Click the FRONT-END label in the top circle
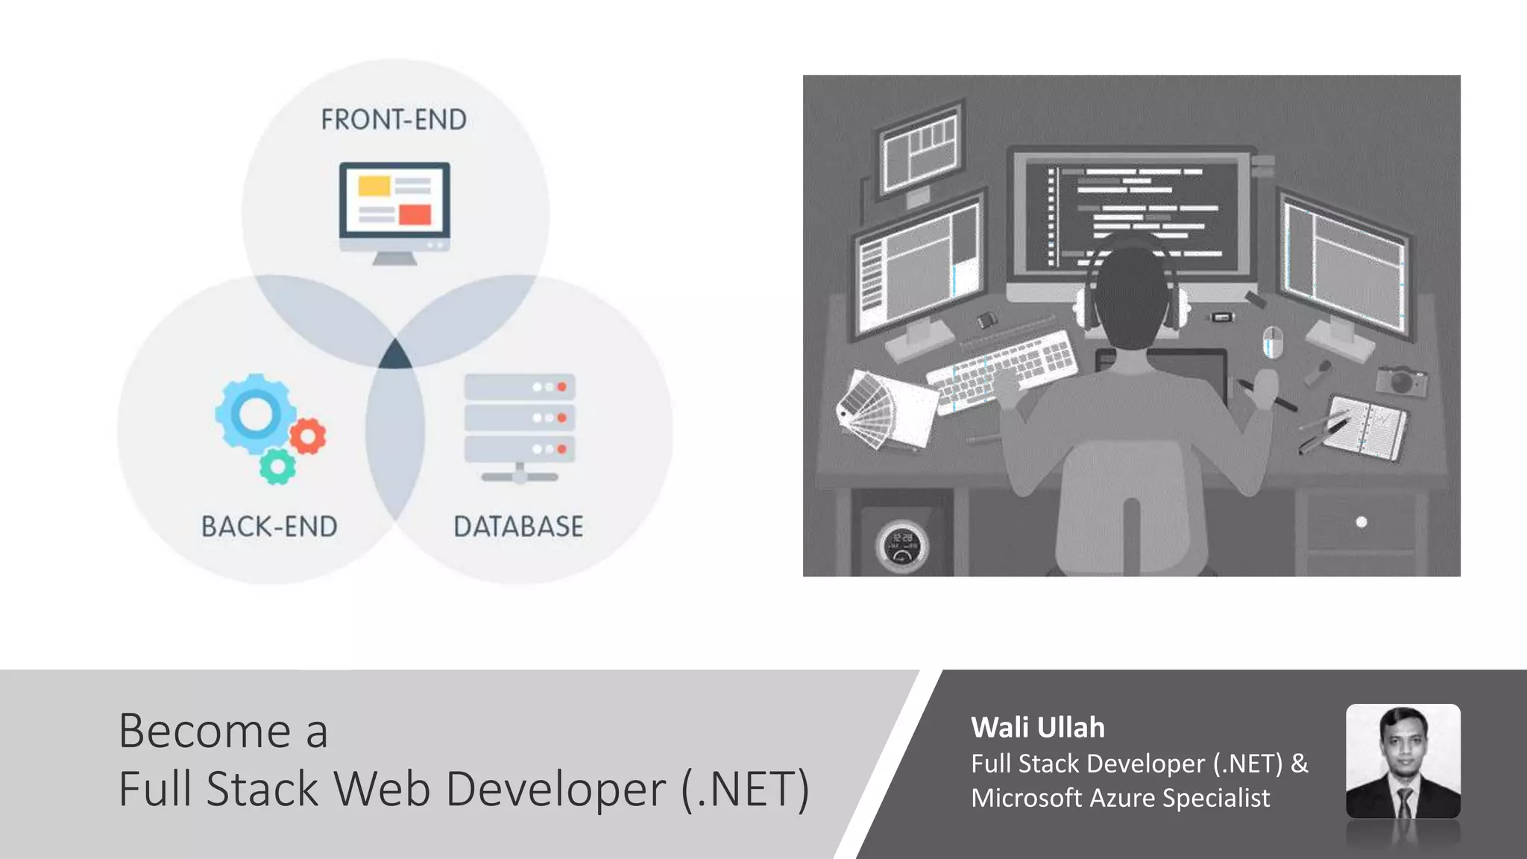tap(394, 119)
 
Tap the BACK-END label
tap(269, 526)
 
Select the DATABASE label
tap(518, 526)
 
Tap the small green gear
tap(277, 467)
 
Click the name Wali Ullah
tap(1037, 728)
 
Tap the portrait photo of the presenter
tap(1402, 761)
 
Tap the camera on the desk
tap(1402, 380)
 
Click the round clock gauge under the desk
tap(901, 546)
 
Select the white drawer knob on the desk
tap(1361, 522)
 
